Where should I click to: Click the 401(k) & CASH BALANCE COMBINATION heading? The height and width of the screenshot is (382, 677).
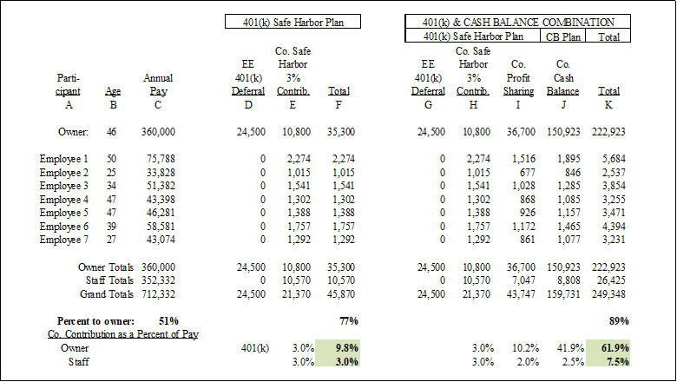pyautogui.click(x=517, y=22)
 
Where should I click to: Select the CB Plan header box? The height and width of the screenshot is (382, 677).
pyautogui.click(x=564, y=36)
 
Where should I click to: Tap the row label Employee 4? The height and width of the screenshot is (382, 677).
pyautogui.click(x=64, y=200)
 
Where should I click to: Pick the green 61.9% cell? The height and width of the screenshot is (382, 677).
pyautogui.click(x=608, y=348)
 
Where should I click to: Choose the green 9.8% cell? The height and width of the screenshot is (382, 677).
pyautogui.click(x=338, y=348)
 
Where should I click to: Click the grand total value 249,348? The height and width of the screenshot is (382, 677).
pyautogui.click(x=608, y=294)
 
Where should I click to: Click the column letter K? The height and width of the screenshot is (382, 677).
pyautogui.click(x=608, y=105)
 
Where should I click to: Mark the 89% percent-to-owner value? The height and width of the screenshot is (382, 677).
pyautogui.click(x=618, y=320)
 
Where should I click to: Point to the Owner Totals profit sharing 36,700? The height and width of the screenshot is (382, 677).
pyautogui.click(x=519, y=267)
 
